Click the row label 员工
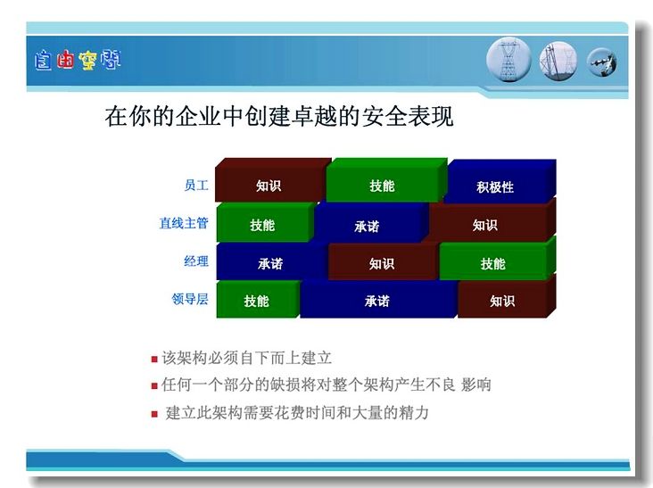point(196,185)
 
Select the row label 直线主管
point(184,223)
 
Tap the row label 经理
point(196,261)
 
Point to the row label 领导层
point(190,299)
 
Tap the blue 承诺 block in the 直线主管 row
point(369,223)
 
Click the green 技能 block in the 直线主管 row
point(264,222)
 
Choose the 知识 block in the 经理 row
point(382,261)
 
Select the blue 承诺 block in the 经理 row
point(271,261)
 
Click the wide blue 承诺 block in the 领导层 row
point(378,299)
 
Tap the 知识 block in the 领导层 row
point(506,296)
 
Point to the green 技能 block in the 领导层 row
point(258,299)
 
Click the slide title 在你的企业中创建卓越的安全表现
point(279,116)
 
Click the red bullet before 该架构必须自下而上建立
point(154,359)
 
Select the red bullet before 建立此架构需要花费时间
point(154,414)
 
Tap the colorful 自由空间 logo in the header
point(78,60)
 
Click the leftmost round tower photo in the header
point(508,60)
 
